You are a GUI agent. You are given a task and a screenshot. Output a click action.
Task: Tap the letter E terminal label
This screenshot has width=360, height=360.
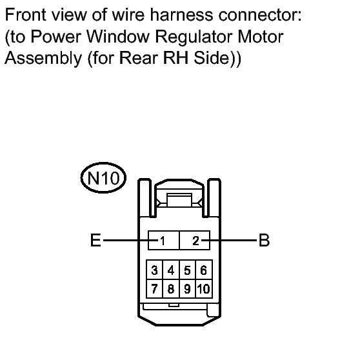[95, 240]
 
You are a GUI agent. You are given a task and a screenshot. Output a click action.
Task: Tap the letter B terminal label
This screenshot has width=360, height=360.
[264, 240]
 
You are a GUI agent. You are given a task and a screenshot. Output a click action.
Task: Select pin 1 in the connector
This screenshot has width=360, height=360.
[163, 241]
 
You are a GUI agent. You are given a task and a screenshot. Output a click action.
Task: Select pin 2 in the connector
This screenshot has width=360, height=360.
[195, 241]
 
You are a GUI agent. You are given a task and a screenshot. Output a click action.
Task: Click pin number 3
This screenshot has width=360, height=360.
[154, 270]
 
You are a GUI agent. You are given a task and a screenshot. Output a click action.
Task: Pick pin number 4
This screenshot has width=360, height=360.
[171, 270]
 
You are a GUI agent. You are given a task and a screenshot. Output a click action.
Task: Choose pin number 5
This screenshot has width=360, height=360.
[187, 270]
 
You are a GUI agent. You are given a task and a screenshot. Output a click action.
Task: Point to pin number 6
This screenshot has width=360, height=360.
[204, 270]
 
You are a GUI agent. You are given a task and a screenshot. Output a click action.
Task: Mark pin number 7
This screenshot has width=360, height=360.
[154, 288]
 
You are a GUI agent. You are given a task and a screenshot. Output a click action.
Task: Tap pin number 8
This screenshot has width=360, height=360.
[171, 288]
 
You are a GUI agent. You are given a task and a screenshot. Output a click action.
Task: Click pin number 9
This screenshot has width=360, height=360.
[187, 288]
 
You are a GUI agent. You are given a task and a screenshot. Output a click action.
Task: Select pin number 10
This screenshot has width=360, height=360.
[204, 288]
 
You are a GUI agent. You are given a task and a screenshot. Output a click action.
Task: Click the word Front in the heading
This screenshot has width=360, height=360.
[26, 15]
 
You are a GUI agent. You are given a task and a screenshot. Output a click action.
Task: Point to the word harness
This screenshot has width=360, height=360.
[181, 15]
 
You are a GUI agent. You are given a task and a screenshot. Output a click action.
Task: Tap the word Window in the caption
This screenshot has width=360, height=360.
[118, 37]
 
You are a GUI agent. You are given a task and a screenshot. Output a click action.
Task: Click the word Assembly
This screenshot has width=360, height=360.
[43, 59]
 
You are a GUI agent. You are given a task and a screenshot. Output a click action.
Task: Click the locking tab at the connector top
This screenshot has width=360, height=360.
[179, 200]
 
